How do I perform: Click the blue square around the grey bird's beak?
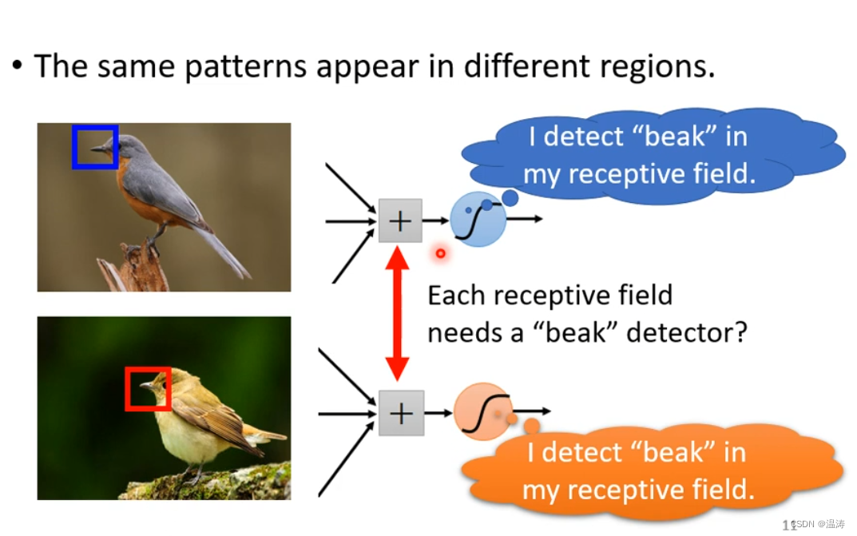(73, 147)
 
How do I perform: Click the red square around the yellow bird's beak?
(127, 388)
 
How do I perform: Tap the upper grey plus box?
(400, 220)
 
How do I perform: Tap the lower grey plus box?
(401, 413)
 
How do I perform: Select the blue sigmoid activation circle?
(478, 219)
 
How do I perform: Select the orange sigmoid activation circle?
(482, 411)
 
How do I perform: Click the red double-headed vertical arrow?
(397, 313)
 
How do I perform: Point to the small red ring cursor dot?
(441, 253)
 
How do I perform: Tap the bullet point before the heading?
(17, 66)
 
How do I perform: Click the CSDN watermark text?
(818, 523)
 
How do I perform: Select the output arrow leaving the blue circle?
(525, 219)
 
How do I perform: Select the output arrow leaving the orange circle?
(531, 411)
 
